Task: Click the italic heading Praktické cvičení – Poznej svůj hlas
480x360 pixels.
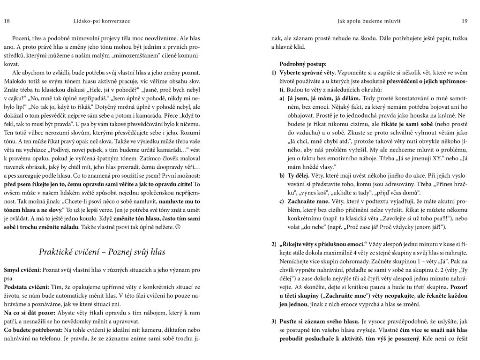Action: click(102, 252)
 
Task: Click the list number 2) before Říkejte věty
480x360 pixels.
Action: click(274, 244)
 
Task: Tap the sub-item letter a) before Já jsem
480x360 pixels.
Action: click(282, 99)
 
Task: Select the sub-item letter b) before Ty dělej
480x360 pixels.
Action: click(282, 176)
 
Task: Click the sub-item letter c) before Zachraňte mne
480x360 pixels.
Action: click(282, 202)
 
